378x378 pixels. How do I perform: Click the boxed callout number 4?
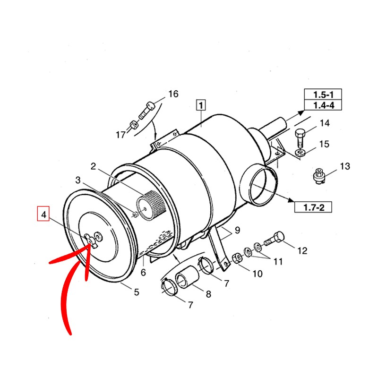tap(43, 214)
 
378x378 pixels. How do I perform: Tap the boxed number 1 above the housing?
tap(201, 105)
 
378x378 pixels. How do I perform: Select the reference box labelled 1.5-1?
tap(323, 94)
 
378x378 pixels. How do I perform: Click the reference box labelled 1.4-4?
tap(323, 105)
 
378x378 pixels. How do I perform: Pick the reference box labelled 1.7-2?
tap(313, 207)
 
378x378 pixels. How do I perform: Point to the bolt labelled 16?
tap(146, 110)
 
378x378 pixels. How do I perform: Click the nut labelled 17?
tap(134, 125)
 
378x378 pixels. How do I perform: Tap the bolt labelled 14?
tap(300, 138)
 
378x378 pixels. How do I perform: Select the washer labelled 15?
tap(301, 152)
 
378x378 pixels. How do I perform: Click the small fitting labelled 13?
tap(319, 176)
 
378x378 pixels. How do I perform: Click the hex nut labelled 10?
tap(237, 258)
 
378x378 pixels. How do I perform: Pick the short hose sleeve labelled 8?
tap(188, 277)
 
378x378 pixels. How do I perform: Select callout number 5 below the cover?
tap(137, 292)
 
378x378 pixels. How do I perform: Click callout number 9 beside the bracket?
tap(238, 230)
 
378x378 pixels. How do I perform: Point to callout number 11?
tap(278, 261)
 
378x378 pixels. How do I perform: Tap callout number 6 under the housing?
tap(144, 273)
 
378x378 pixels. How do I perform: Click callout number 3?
tap(78, 180)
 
